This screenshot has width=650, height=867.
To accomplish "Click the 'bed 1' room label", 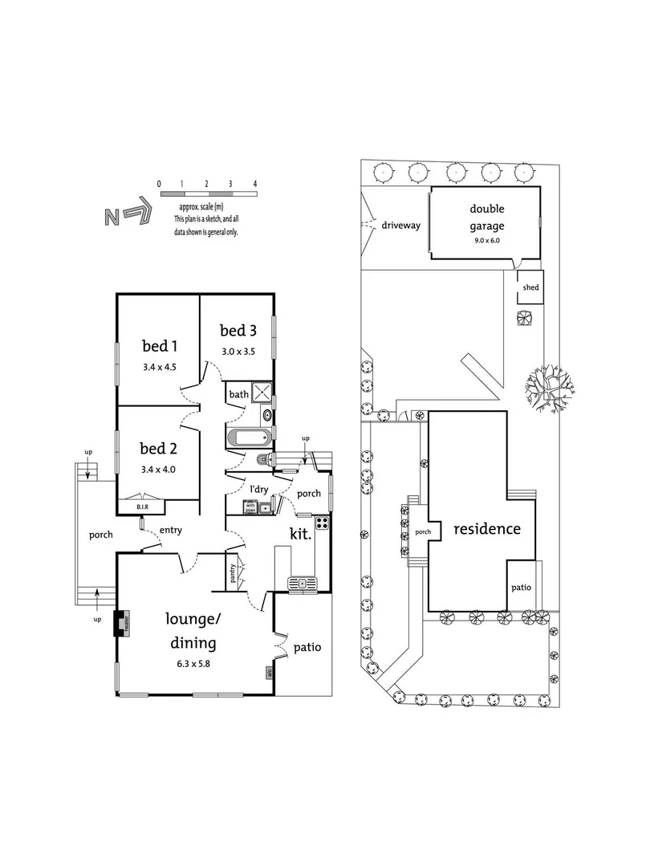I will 159,346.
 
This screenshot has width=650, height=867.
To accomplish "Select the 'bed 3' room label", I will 238,330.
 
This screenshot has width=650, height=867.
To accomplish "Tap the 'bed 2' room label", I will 159,447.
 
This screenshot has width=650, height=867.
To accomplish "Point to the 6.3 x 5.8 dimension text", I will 191,663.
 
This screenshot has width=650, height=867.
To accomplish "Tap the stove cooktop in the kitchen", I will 323,523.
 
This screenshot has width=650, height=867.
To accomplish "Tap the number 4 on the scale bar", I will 255,184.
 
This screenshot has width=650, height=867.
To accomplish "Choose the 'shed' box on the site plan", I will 530,287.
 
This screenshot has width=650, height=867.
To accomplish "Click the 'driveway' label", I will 401,226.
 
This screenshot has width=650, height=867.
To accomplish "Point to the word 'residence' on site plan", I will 487,529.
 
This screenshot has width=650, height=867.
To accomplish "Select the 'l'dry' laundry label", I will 258,489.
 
